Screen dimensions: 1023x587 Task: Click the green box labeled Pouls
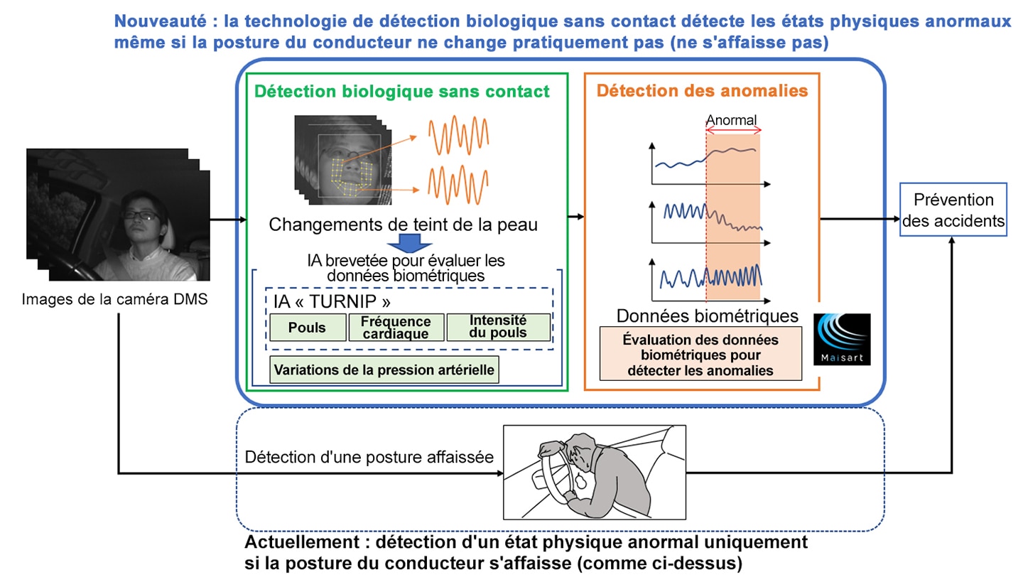(308, 327)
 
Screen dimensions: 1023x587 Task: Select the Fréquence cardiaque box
(396, 327)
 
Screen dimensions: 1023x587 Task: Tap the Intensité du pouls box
(498, 327)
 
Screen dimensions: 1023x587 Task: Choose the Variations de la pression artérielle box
(384, 370)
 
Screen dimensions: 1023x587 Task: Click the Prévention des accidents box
(953, 210)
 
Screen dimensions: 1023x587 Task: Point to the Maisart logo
(842, 339)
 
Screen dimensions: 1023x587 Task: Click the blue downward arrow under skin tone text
(409, 244)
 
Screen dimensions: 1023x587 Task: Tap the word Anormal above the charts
(731, 120)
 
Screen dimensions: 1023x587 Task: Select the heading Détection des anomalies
(702, 90)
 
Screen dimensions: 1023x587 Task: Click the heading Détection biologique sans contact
(402, 92)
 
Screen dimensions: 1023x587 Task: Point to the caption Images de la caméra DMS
(114, 299)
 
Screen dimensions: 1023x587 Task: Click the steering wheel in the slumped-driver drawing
(557, 475)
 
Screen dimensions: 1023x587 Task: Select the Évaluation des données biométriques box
(700, 354)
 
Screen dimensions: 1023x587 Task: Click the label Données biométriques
(707, 316)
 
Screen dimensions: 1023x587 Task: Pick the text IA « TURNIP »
(332, 301)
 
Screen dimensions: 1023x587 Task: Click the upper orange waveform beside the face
(458, 135)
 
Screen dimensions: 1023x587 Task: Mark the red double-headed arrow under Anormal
(733, 131)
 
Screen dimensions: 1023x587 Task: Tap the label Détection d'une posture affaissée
(369, 457)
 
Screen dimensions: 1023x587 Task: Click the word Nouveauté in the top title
(160, 21)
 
